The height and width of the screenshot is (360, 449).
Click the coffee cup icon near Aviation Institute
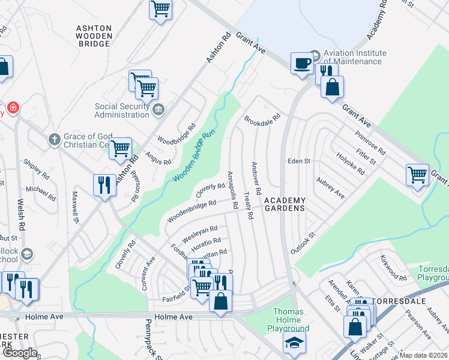301,62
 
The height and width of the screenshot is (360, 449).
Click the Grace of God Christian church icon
54,139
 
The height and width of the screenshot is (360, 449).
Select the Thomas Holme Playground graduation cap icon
294,342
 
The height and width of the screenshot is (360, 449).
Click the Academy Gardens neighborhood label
285,204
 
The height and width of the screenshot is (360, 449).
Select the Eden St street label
299,161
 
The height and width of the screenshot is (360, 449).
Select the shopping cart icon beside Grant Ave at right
417,175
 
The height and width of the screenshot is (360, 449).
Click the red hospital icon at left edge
13,109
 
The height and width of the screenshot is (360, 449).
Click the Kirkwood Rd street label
393,270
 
